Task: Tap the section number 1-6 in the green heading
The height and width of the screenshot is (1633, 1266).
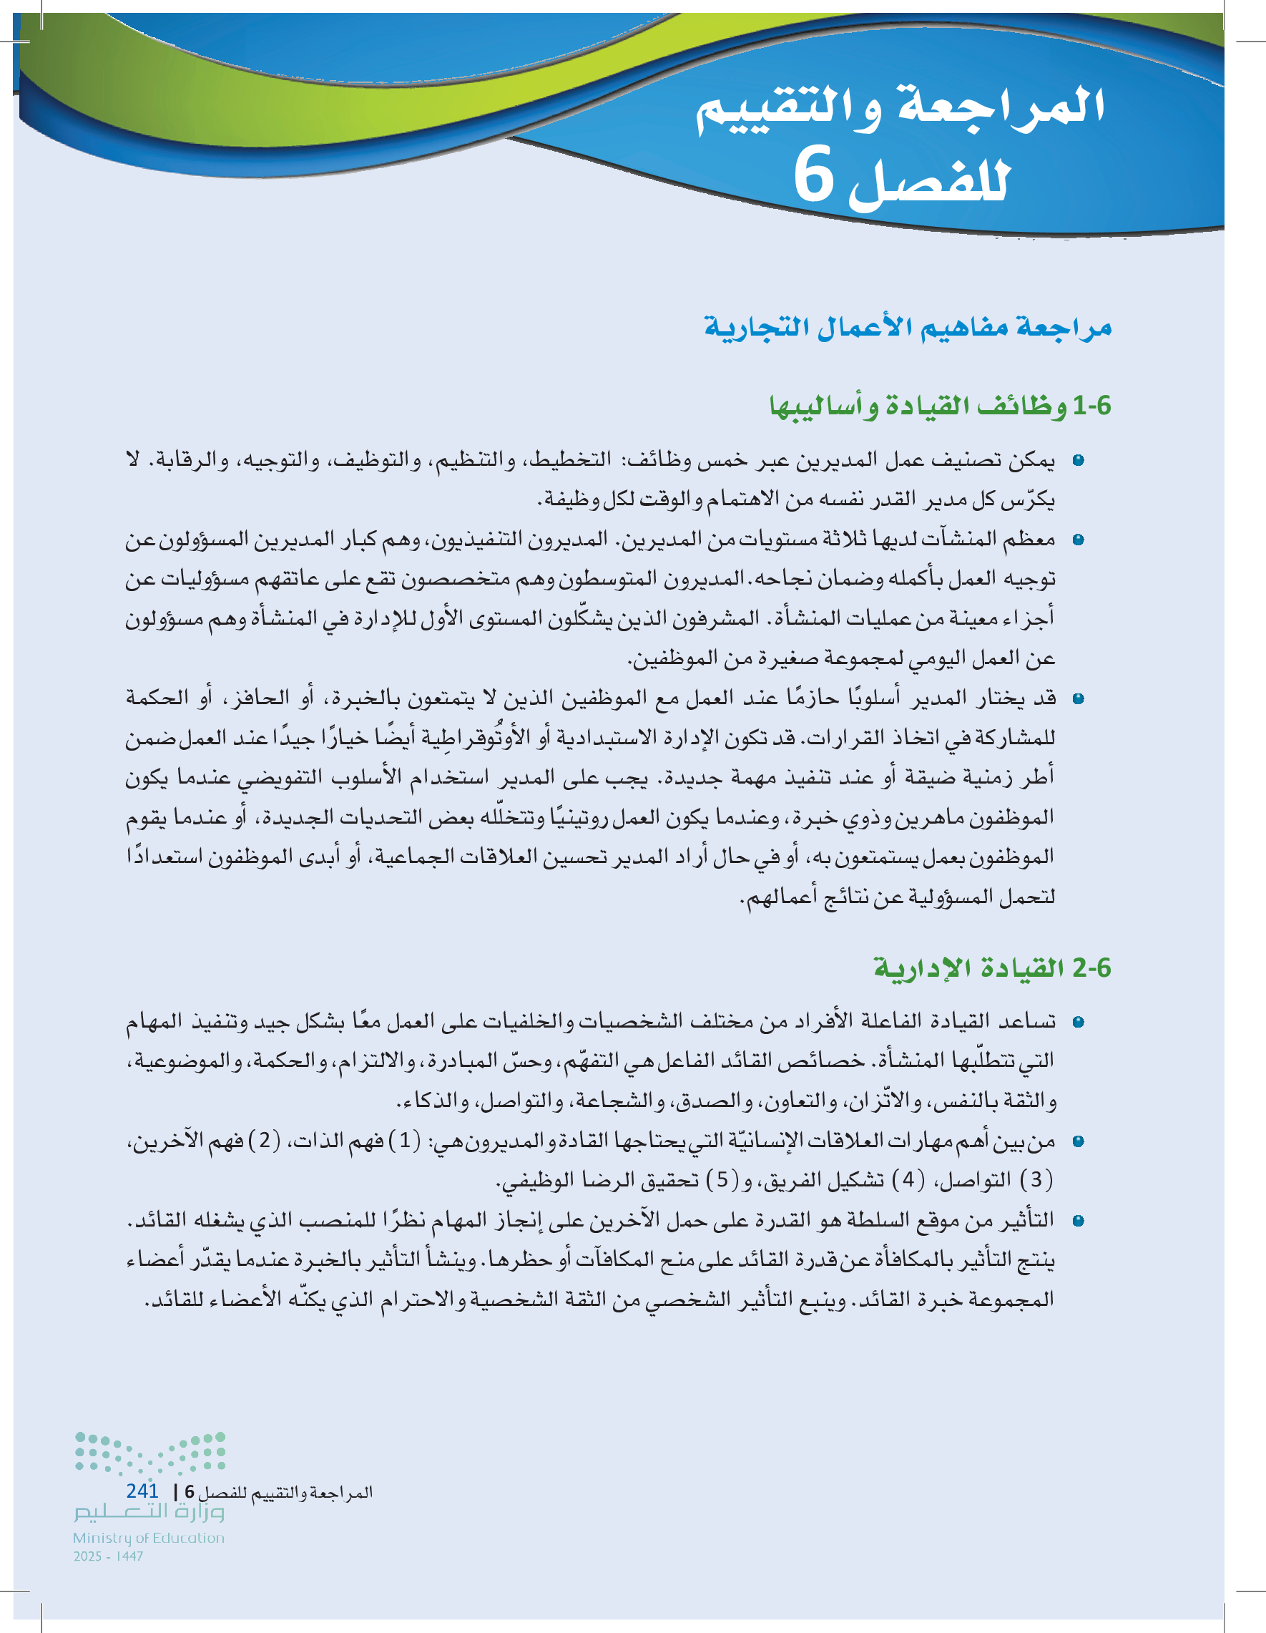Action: click(1092, 406)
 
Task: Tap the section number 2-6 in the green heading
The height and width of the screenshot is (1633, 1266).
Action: click(1092, 968)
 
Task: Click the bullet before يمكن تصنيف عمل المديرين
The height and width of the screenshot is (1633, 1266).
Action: click(1078, 461)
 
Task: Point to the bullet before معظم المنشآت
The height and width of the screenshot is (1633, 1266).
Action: click(1078, 540)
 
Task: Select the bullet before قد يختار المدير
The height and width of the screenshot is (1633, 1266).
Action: click(1078, 699)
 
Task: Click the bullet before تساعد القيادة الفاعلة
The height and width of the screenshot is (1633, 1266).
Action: click(1078, 1022)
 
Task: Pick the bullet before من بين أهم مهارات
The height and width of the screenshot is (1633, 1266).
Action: click(1078, 1142)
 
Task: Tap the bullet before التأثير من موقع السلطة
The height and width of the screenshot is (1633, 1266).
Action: click(1078, 1221)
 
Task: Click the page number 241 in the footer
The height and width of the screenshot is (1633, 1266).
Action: click(142, 1491)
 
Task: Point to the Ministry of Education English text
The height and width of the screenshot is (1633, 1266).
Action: click(149, 1538)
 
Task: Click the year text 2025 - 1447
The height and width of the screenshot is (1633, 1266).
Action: click(109, 1556)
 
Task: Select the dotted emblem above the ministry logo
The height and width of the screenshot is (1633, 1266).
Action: click(149, 1454)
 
